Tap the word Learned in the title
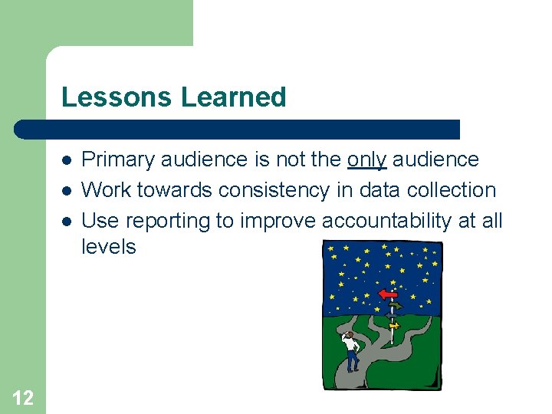(234, 97)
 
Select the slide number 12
(23, 397)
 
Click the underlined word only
(367, 159)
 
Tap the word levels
(108, 247)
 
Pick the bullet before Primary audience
(67, 160)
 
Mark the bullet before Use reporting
(67, 222)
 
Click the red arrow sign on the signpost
(389, 294)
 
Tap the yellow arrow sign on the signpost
(393, 325)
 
